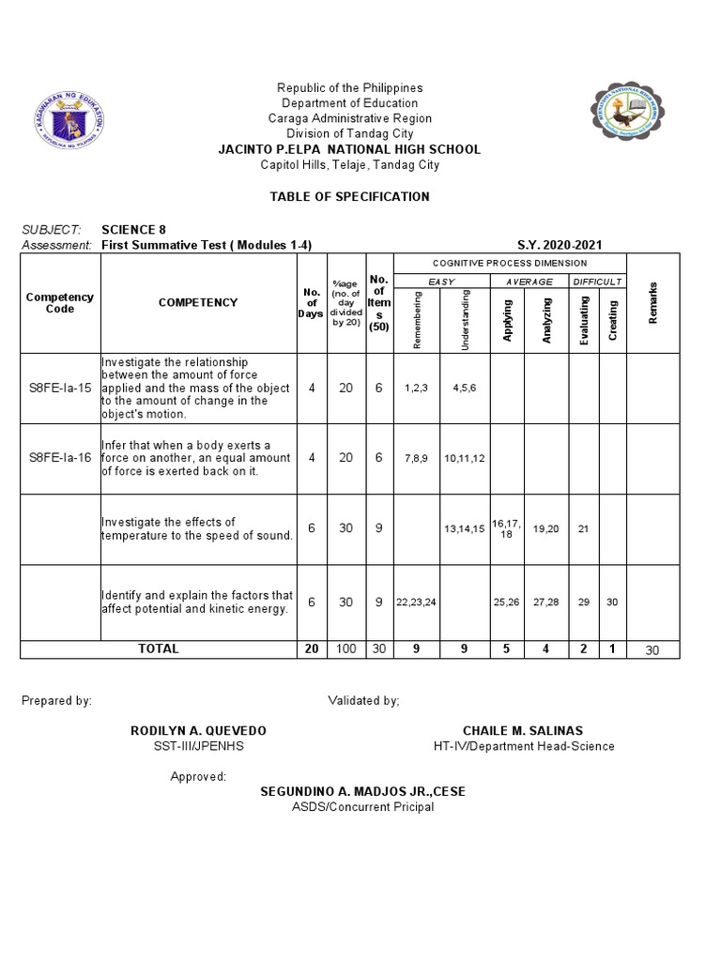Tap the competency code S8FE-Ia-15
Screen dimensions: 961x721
tap(60, 388)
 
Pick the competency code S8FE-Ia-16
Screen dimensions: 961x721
tap(60, 457)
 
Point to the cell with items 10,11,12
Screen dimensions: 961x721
tap(465, 457)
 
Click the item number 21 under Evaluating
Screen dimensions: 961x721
tap(584, 528)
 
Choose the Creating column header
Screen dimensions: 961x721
tap(612, 320)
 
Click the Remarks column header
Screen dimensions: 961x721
tap(652, 303)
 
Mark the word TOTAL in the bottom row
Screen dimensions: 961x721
tap(158, 648)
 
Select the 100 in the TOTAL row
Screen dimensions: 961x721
tap(345, 648)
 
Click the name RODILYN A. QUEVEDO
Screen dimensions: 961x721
tap(197, 730)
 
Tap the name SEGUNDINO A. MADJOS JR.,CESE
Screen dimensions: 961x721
tap(362, 791)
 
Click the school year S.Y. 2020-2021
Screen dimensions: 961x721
tap(560, 245)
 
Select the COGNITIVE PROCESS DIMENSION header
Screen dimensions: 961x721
tap(510, 264)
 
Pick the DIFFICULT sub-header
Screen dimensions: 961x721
tap(598, 282)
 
